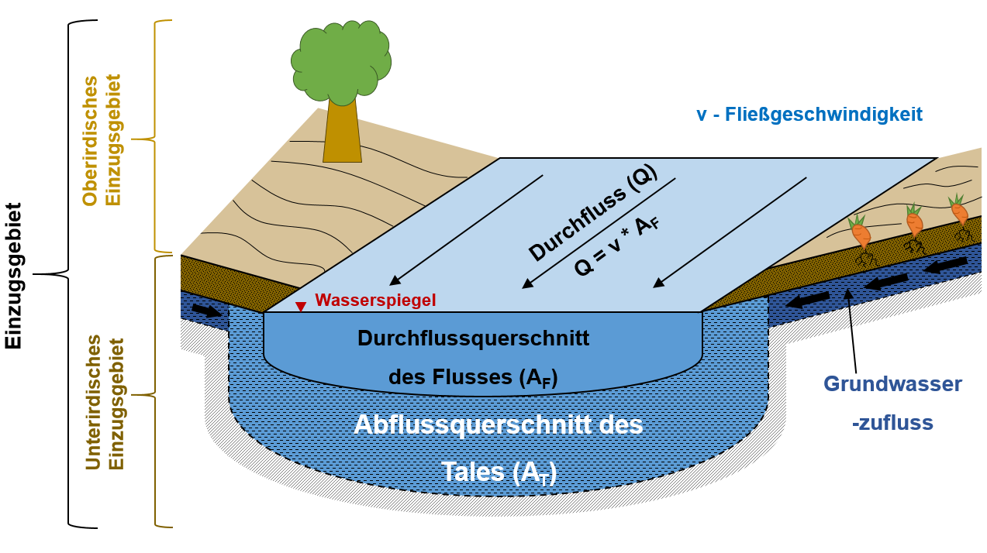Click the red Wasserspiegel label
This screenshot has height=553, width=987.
[375, 301]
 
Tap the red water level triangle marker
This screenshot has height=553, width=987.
[301, 307]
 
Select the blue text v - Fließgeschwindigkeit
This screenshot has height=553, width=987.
[809, 115]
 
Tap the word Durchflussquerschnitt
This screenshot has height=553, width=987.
[473, 338]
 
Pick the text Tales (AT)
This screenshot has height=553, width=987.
[499, 471]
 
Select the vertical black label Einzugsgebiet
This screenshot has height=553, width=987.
[14, 276]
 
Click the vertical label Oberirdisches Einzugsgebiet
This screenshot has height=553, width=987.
[102, 140]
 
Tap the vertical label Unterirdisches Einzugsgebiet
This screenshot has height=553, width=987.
[105, 403]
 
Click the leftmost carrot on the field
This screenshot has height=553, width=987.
[860, 232]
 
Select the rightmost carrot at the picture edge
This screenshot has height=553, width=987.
[959, 210]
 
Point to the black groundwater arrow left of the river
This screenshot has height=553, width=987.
[205, 311]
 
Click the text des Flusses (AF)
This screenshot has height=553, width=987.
[473, 377]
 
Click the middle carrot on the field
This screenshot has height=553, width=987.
[914, 222]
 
